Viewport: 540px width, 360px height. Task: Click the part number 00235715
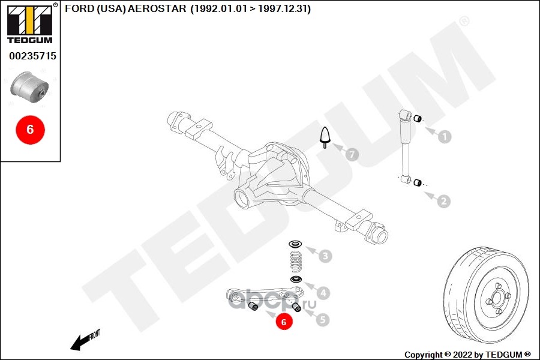[32, 56]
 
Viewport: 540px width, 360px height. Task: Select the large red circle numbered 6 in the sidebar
[30, 129]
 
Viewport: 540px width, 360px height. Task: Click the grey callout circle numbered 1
[444, 137]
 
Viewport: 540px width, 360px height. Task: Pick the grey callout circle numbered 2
[444, 201]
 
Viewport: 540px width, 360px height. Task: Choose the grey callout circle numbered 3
[324, 257]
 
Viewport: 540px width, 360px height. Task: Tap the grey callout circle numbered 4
[323, 293]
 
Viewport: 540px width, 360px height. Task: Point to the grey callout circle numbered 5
[323, 320]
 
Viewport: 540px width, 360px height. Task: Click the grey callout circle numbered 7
[352, 155]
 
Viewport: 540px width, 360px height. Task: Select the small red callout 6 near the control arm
[283, 322]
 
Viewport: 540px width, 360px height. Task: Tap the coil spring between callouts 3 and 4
[295, 262]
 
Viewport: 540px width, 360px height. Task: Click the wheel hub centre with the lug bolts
[497, 296]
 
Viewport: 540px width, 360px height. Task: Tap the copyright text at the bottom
[467, 354]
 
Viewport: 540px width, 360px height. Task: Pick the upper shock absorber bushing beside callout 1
[419, 117]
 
